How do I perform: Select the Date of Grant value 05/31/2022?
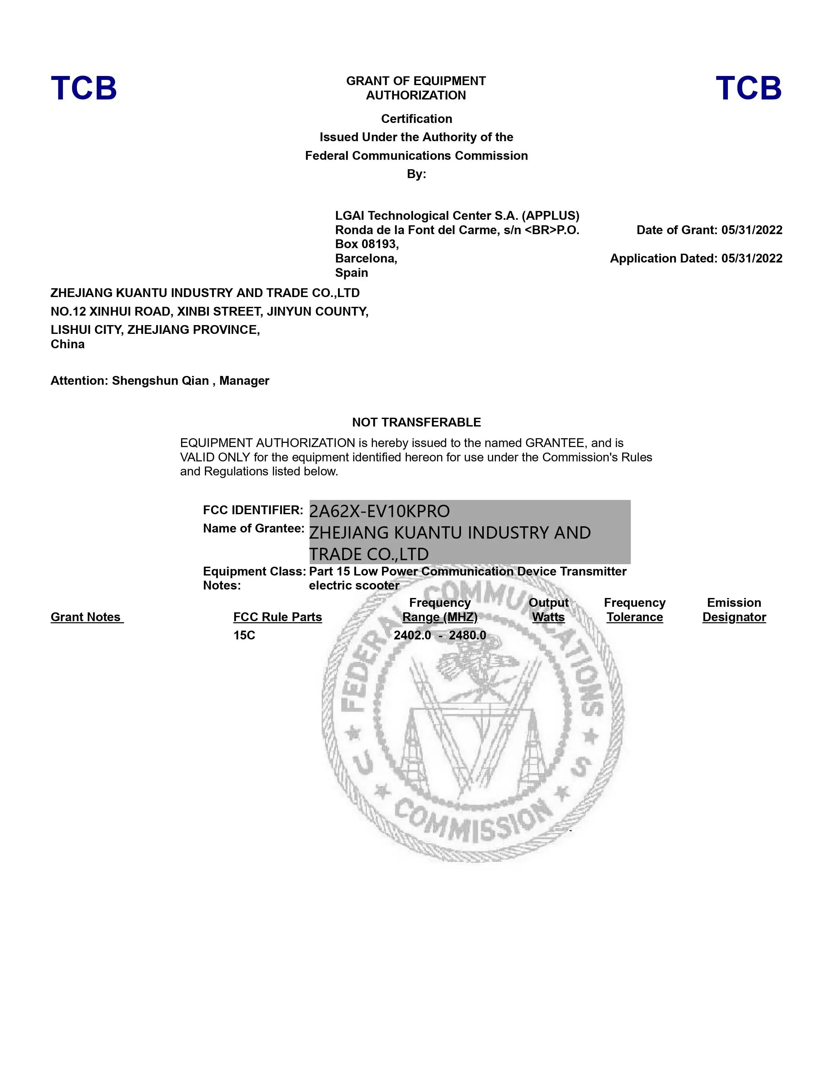coord(752,230)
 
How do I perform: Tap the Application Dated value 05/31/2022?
coord(752,259)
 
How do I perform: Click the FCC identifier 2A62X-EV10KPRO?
coord(379,511)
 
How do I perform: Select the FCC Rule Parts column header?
coord(278,617)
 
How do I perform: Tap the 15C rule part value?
coord(244,635)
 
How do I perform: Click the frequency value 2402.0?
coord(412,635)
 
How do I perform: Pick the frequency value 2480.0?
coord(467,635)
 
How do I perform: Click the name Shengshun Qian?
coord(160,381)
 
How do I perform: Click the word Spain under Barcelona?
coord(351,273)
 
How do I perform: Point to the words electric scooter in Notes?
coord(354,586)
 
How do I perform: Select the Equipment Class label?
coord(254,572)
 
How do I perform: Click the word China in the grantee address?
coord(68,344)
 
